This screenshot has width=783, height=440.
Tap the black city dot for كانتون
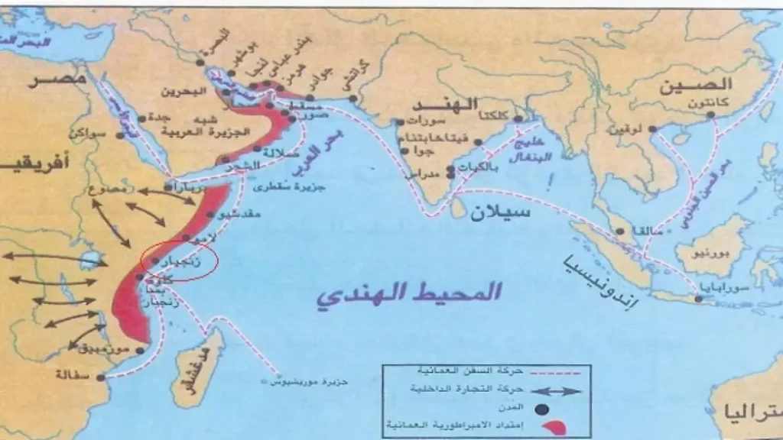point(711,115)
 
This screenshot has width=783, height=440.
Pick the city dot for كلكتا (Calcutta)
point(517,119)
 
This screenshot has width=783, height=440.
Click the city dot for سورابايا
point(698,299)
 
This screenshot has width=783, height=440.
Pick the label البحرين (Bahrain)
point(184,92)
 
